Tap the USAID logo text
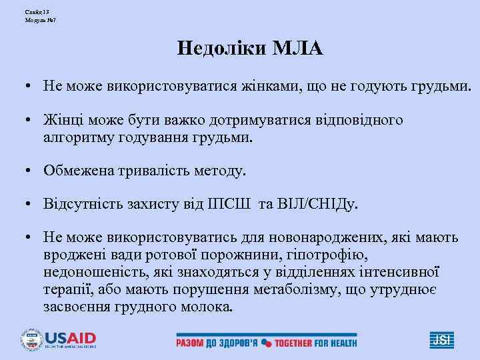pos(70,337)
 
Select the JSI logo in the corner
pos(441,339)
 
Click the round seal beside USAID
pos(31,339)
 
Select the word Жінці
pos(62,121)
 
